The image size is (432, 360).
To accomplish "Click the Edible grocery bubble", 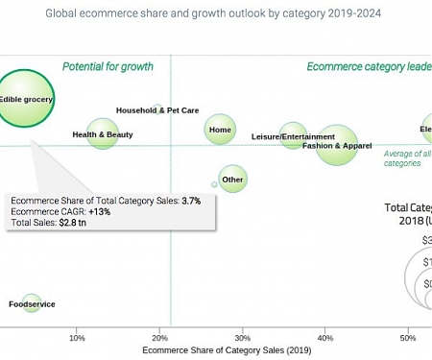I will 25,98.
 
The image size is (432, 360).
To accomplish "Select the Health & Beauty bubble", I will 103,134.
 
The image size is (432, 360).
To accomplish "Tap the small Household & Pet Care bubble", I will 158,109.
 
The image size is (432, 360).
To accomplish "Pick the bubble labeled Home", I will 220,130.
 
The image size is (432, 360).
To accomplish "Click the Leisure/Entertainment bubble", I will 293,136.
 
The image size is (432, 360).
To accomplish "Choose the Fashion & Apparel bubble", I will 337,146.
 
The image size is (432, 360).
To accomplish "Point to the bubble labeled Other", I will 232,179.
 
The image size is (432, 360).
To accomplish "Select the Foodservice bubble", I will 32,303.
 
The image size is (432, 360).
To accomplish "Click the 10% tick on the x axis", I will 78,338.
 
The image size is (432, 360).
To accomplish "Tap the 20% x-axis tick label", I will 160,338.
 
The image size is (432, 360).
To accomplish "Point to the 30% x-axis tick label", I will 243,338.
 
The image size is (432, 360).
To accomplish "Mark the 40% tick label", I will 325,338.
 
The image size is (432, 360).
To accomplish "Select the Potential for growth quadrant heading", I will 108,67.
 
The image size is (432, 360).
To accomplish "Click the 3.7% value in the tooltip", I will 191,201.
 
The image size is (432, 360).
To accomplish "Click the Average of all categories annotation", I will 406,158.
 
